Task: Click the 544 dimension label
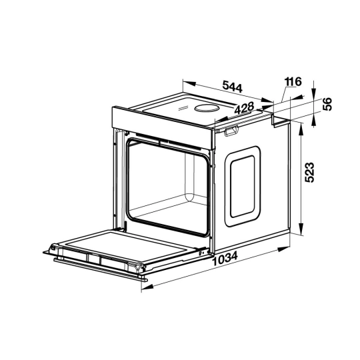pyautogui.click(x=233, y=86)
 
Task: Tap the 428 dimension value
pyautogui.click(x=244, y=108)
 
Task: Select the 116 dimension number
pyautogui.click(x=293, y=81)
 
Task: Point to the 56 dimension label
pyautogui.click(x=327, y=104)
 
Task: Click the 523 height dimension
pyautogui.click(x=309, y=173)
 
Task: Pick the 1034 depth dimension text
pyautogui.click(x=225, y=258)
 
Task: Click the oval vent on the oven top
pyautogui.click(x=206, y=108)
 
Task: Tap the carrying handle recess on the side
pyautogui.click(x=231, y=131)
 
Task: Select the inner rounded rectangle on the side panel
pyautogui.click(x=243, y=187)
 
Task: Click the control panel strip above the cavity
pyautogui.click(x=162, y=124)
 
